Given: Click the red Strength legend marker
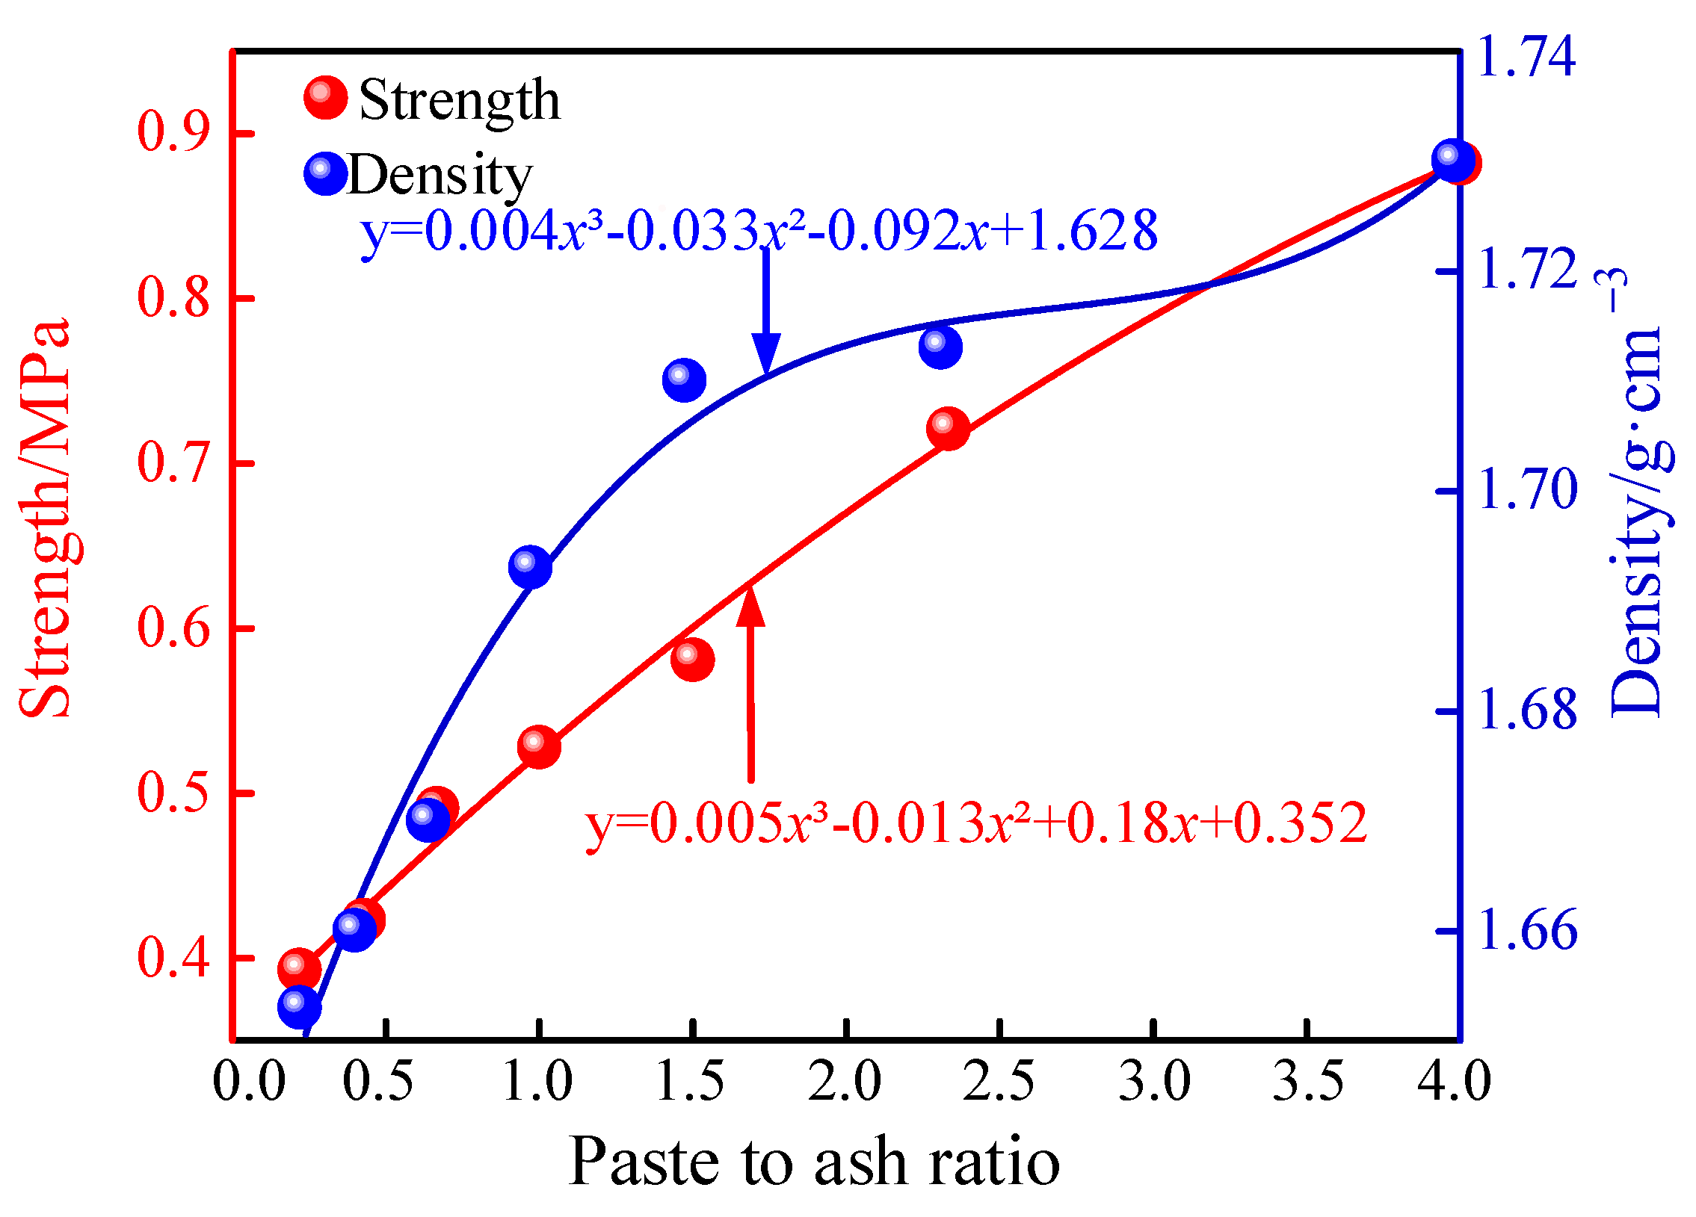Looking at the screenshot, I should (326, 98).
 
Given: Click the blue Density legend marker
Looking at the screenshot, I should (326, 173).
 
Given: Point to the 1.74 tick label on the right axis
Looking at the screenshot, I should (1526, 56).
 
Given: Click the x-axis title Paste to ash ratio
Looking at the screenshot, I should (813, 1163).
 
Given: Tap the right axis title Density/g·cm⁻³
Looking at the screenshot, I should (1638, 493).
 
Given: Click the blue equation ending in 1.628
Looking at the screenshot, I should (759, 231).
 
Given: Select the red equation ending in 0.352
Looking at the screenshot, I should (977, 823).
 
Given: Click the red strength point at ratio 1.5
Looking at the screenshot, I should (692, 660).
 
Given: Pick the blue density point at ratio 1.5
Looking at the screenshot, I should (683, 380).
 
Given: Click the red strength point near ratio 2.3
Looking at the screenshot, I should (949, 429).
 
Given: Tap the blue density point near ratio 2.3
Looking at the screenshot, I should (940, 347).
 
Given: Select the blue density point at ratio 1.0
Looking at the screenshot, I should (530, 567).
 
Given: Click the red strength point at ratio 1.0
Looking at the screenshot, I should (538, 746).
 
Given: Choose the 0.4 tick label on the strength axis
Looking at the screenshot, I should (173, 957).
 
